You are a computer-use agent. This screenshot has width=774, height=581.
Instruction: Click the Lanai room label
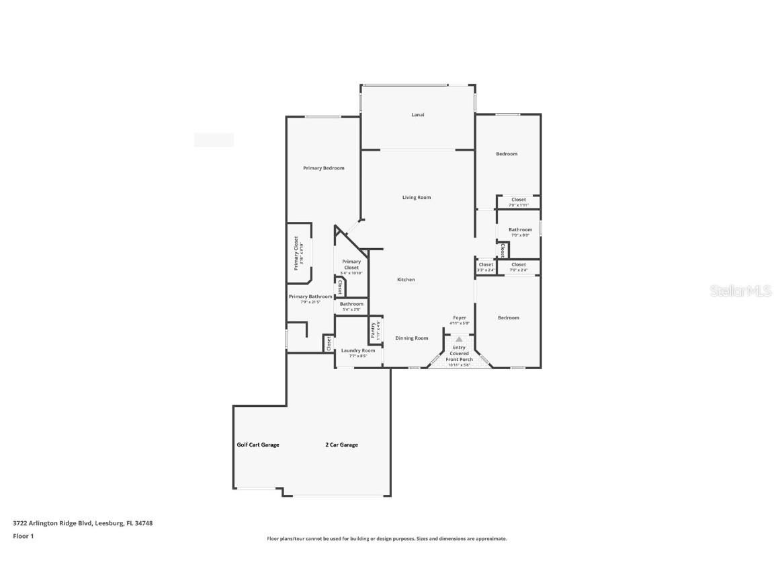click(417, 115)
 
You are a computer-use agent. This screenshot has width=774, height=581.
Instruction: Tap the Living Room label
click(417, 198)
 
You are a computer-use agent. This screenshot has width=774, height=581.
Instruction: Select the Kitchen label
click(405, 280)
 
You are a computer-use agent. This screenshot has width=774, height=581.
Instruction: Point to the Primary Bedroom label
click(323, 168)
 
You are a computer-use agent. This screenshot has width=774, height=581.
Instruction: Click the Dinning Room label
click(411, 338)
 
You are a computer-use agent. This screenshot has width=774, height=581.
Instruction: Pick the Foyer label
click(460, 318)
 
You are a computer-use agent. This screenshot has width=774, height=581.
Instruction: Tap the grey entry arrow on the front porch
click(459, 340)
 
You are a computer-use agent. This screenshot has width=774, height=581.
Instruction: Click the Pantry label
click(373, 330)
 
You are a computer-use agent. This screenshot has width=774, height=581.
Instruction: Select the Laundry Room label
click(358, 350)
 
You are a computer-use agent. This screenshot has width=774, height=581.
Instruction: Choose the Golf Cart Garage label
click(258, 444)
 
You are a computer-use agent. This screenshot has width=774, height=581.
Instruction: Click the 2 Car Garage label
click(341, 444)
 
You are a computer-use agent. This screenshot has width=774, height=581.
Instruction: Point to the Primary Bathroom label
click(310, 297)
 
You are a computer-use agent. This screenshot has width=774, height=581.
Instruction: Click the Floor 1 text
click(23, 536)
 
